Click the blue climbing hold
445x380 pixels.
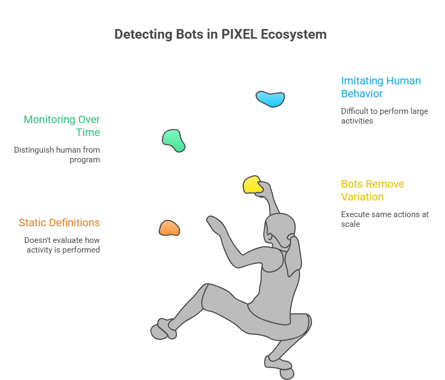pyautogui.click(x=270, y=98)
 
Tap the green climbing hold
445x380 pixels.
pyautogui.click(x=173, y=140)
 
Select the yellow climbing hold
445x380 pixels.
pyautogui.click(x=252, y=184)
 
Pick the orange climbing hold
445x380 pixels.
pyautogui.click(x=169, y=228)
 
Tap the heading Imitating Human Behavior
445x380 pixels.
pyautogui.click(x=380, y=87)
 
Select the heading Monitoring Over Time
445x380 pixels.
pyautogui.click(x=62, y=126)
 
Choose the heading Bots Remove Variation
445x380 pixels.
pyautogui.click(x=372, y=190)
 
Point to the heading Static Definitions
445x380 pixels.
pyautogui.click(x=59, y=223)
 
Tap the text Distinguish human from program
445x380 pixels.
pyautogui.click(x=57, y=155)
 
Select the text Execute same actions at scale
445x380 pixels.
pyautogui.click(x=384, y=219)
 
